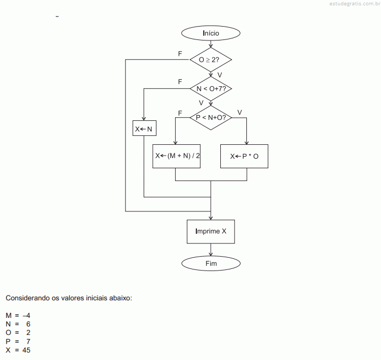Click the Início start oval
pos(211,33)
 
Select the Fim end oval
pos(211,263)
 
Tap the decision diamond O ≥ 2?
pos(211,60)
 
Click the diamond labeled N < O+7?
pos(211,88)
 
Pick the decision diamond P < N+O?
pos(211,117)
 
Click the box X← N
pos(144,129)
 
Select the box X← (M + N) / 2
pos(177,156)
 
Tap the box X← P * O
pos(244,156)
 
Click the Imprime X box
pos(211,232)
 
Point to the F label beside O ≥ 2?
pos(180,54)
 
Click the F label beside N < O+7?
pos(180,82)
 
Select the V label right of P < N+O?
pos(239,112)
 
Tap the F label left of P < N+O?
pos(180,113)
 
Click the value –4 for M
pos(27,315)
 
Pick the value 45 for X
pos(27,350)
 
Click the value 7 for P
pos(28,341)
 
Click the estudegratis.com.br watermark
pos(352,4)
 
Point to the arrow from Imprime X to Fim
pos(211,250)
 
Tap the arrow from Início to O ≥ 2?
pos(211,44)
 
